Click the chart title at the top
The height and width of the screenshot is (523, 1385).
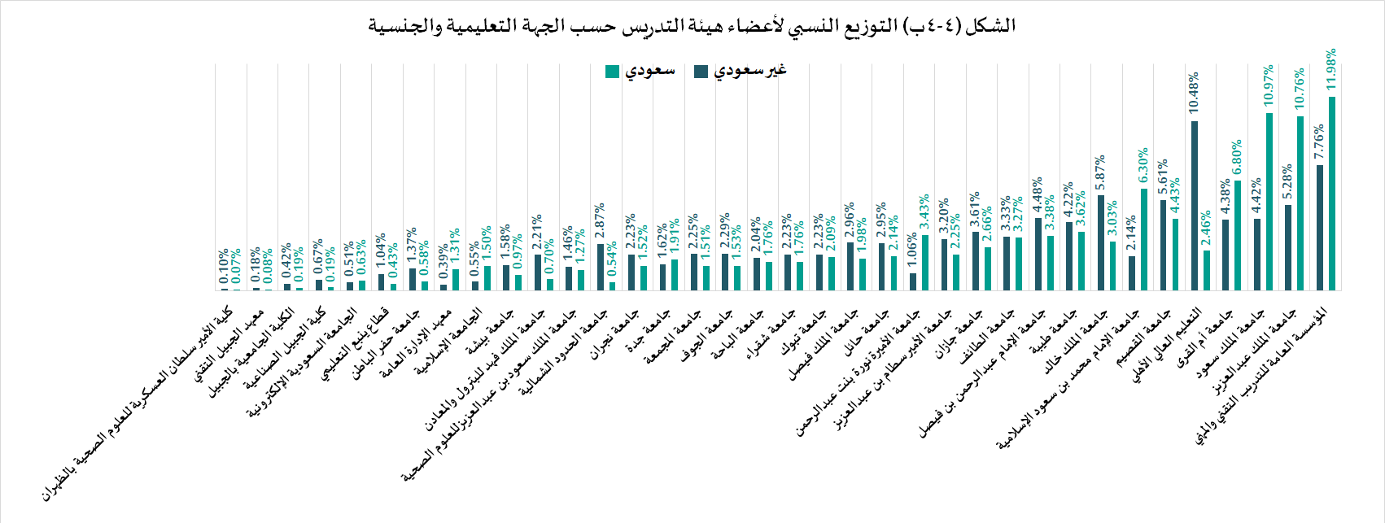tap(692, 25)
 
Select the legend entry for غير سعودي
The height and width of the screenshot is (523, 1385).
tap(741, 72)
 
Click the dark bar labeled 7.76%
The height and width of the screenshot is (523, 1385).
tap(1320, 228)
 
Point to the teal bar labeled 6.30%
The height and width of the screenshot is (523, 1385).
tap(1144, 239)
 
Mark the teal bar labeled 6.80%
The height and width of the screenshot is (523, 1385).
tap(1238, 235)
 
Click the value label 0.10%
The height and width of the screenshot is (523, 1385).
tap(224, 268)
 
